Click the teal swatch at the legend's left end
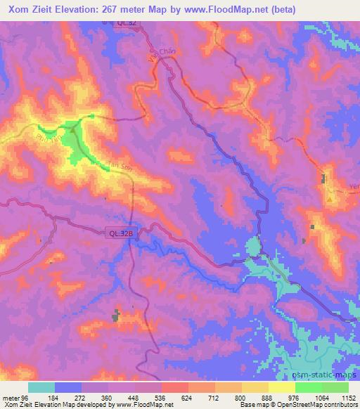click(41, 387)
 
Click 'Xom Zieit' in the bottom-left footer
click(15, 405)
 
